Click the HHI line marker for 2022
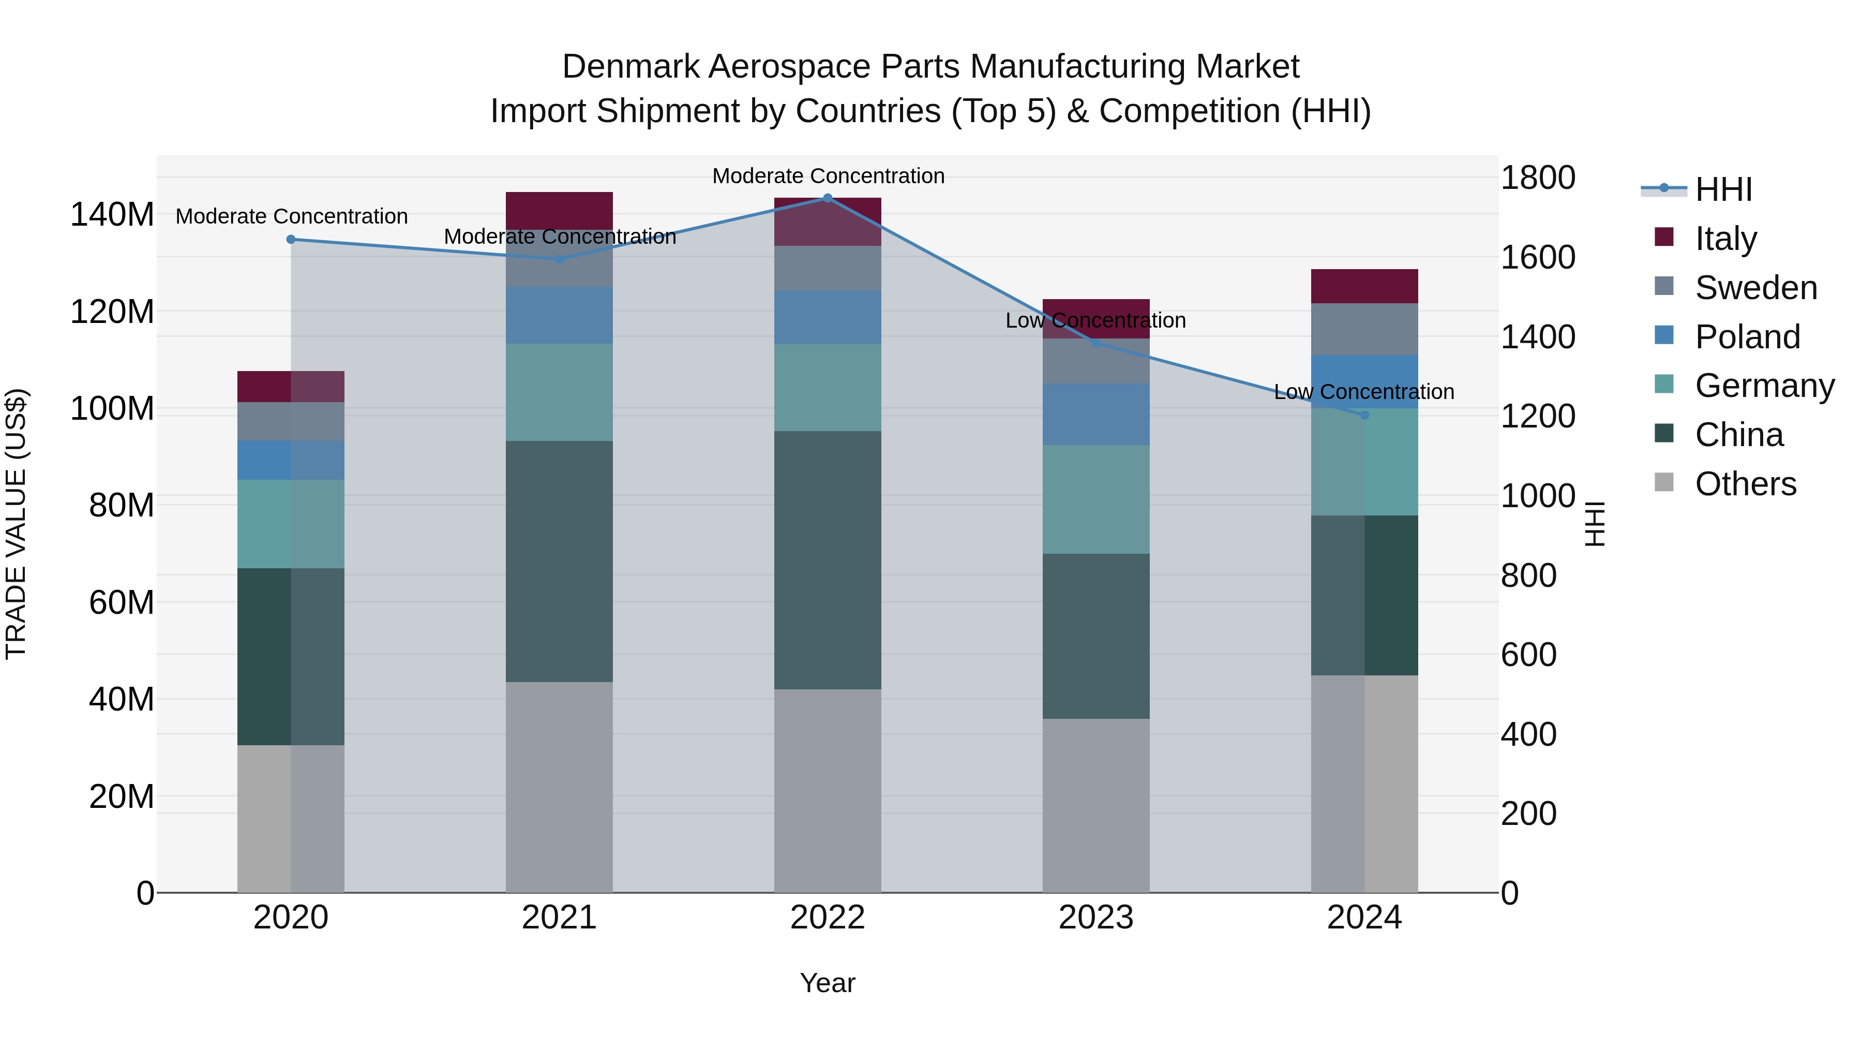(828, 198)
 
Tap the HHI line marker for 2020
(291, 240)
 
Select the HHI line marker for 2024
(1364, 415)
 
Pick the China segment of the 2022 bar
(828, 560)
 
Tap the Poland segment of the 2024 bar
(1364, 382)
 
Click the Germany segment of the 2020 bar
(291, 524)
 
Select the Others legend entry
(1745, 484)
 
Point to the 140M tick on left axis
(112, 215)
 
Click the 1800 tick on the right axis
(1538, 178)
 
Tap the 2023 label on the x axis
(1096, 918)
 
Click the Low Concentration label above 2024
(1364, 392)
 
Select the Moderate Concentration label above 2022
(828, 176)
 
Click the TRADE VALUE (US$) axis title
(16, 524)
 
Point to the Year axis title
(828, 983)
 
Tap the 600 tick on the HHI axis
(1528, 655)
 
